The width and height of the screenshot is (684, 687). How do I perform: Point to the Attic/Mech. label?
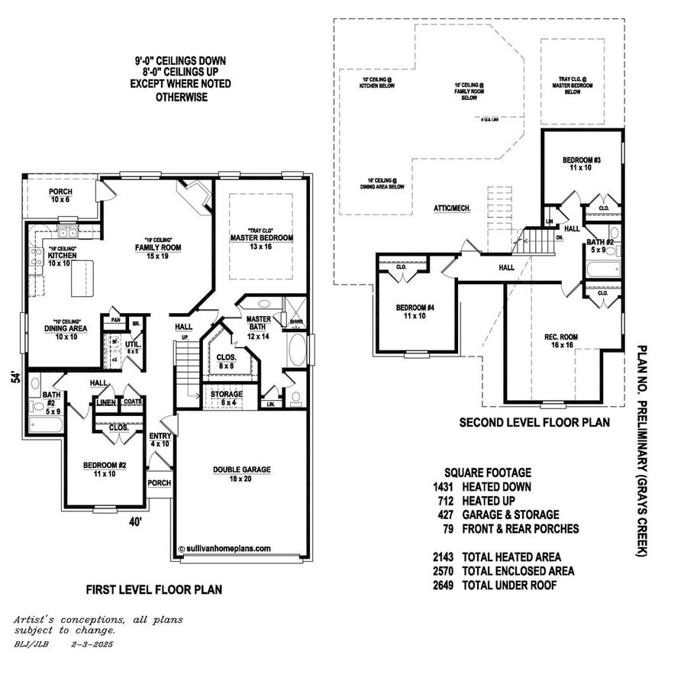click(x=451, y=208)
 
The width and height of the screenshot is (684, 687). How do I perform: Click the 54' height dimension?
click(x=14, y=378)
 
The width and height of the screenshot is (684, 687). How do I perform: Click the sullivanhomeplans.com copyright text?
click(x=224, y=548)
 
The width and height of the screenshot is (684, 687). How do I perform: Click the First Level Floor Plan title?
click(x=153, y=590)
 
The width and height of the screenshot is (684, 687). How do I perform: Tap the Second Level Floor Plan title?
click(x=534, y=423)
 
